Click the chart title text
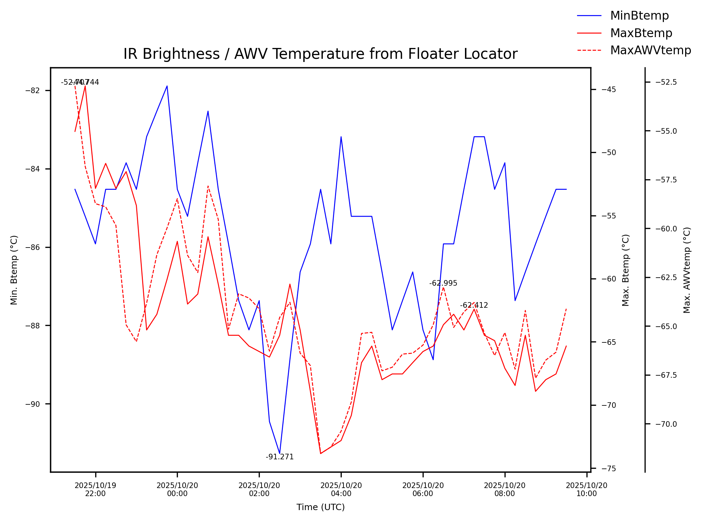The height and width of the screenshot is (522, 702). tap(320, 54)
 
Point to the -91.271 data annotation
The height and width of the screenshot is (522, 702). tap(280, 457)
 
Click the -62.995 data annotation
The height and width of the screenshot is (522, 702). tap(443, 283)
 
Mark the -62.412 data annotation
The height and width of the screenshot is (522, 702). tap(474, 305)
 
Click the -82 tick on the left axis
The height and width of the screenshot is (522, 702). tap(33, 90)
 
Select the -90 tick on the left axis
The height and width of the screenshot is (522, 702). tap(33, 404)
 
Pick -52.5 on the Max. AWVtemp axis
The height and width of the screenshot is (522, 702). tap(666, 82)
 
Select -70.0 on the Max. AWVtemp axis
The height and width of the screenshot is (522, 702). tap(666, 424)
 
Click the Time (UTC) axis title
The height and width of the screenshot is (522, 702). tap(320, 507)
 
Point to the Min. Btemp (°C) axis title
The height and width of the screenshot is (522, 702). tap(14, 270)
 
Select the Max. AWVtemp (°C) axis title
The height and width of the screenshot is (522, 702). tap(687, 270)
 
